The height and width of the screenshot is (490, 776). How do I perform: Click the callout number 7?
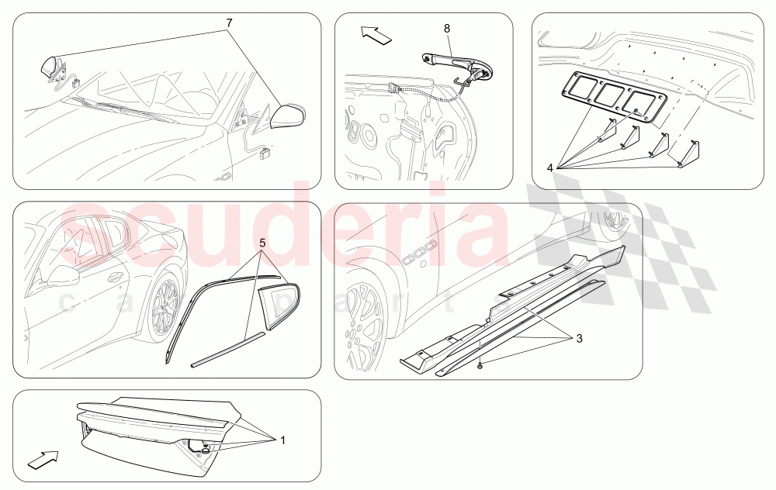pos(230,23)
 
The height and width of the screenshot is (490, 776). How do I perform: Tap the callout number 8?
pos(447,29)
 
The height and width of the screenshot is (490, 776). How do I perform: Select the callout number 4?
pos(549,166)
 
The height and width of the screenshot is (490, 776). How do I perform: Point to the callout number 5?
pos(263,242)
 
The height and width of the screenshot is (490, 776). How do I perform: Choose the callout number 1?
pos(282,440)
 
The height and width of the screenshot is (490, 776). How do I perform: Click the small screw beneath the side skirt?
pos(482,364)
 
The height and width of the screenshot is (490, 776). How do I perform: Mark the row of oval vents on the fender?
pos(416,249)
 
